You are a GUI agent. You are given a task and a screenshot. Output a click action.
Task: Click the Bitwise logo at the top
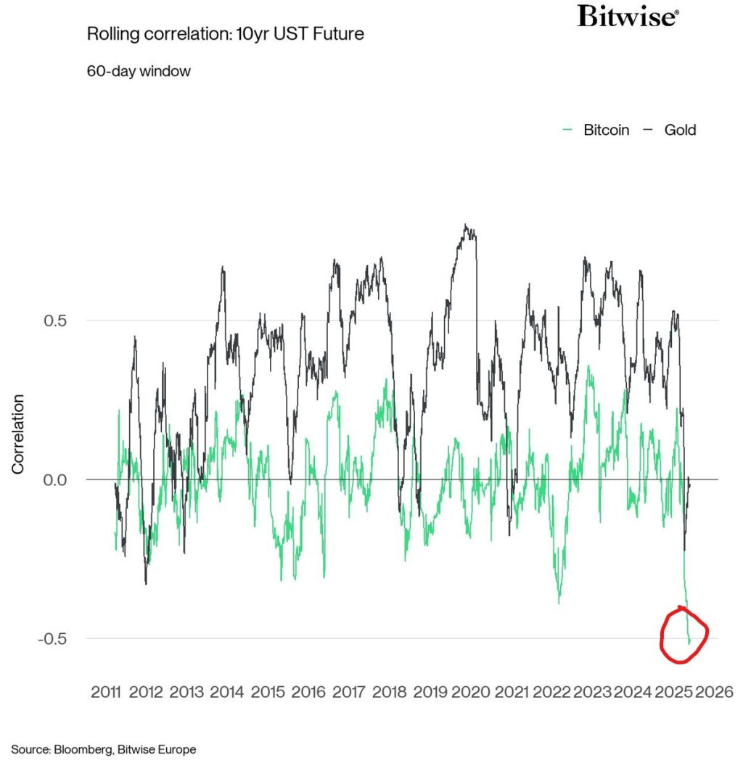point(628,16)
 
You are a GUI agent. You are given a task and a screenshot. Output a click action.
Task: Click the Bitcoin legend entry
point(596,130)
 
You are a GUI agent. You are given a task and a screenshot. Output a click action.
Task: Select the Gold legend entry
point(670,130)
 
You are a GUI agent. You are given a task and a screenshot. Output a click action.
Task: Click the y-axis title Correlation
point(18,434)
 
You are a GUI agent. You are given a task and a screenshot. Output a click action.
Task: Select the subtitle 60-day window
point(139,71)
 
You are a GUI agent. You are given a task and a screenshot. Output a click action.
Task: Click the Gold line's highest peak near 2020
point(466,226)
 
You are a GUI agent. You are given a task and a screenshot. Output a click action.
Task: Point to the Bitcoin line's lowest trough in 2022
point(559,603)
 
